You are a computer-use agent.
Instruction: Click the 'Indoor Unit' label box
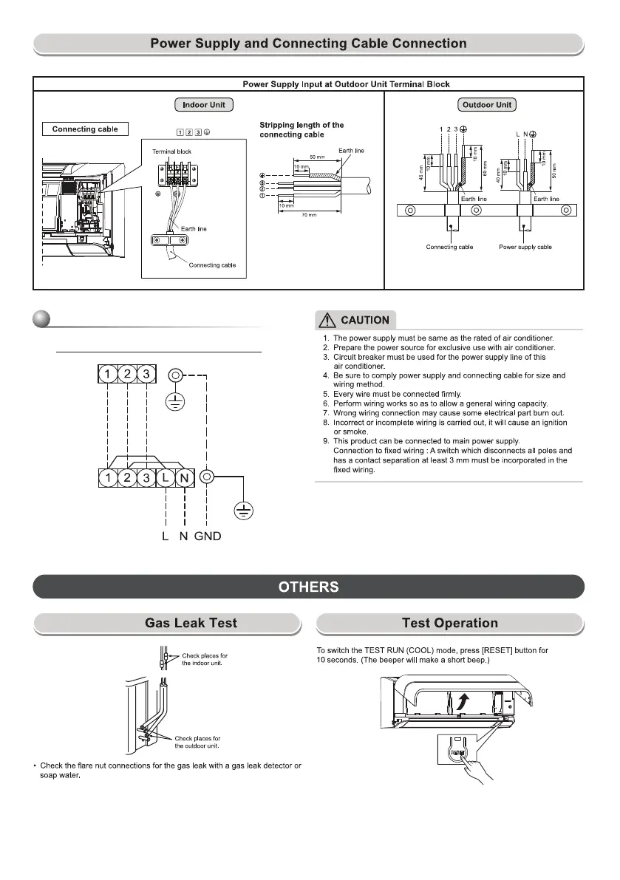[204, 105]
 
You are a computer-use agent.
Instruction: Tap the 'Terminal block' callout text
[171, 151]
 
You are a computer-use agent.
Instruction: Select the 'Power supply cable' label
[524, 247]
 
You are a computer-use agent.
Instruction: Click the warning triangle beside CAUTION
[326, 320]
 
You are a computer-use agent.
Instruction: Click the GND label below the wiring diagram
[208, 536]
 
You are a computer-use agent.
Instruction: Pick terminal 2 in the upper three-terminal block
[127, 375]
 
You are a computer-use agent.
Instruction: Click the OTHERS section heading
[309, 587]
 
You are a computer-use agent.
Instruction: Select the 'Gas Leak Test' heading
[191, 623]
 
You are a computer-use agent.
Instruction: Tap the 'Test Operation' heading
[449, 623]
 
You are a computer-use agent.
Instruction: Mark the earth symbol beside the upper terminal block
[175, 400]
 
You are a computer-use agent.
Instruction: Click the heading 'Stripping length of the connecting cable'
[302, 130]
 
